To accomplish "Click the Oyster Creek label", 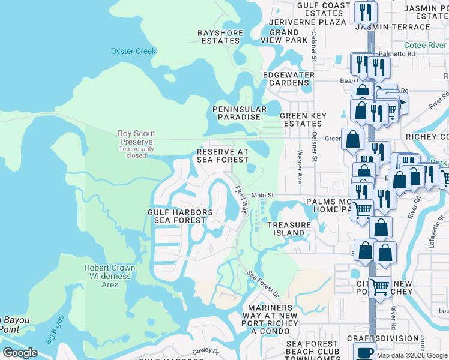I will coord(133,51).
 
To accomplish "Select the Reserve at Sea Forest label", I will coord(223,156).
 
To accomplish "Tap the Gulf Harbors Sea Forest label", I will coord(180,216).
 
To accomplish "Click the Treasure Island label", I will coord(289,229).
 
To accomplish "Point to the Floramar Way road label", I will coord(241,200).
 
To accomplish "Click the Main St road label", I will coord(262,195).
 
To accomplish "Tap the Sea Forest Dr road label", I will coord(264,284).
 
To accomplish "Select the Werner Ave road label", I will coord(299,167).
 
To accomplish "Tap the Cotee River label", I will coord(424,45).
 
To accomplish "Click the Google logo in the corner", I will coord(20,353).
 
